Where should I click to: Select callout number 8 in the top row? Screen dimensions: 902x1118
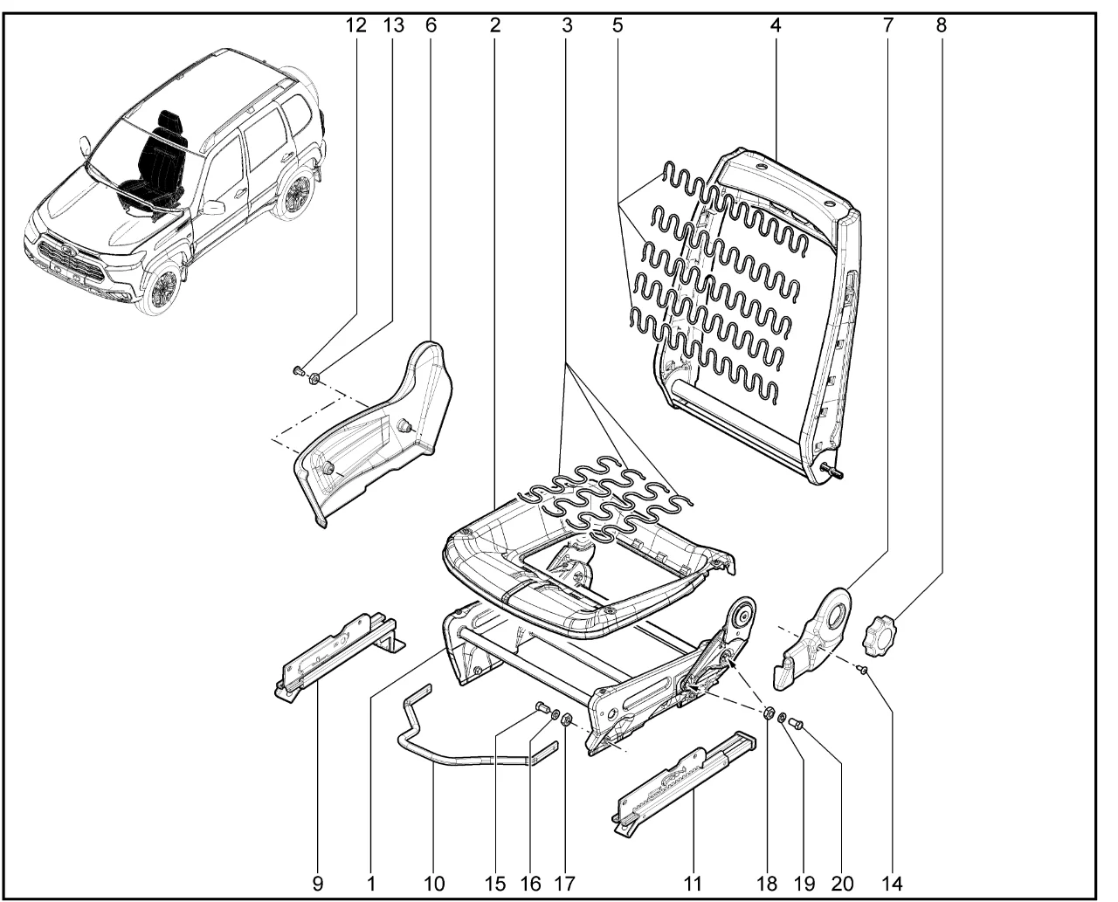[941, 25]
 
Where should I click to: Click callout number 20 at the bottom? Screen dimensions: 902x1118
[842, 883]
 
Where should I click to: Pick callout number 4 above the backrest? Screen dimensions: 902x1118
[775, 25]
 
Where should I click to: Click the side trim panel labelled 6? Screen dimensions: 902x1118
[376, 437]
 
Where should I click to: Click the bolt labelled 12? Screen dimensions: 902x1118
[297, 372]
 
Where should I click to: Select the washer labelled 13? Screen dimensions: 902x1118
[314, 378]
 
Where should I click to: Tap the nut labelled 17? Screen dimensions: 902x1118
[565, 721]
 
